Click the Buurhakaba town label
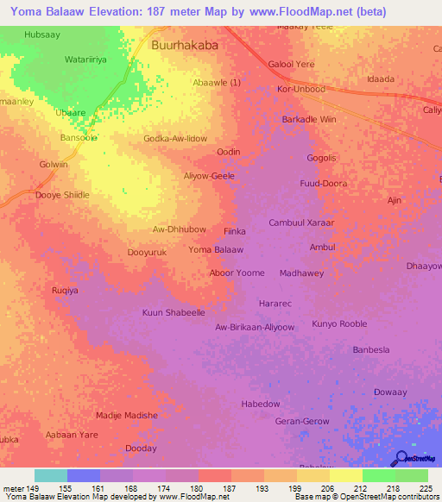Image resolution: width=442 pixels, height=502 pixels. [184, 45]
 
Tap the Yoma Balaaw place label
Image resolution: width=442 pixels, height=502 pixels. [216, 249]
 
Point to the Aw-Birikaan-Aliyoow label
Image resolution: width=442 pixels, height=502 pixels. [255, 328]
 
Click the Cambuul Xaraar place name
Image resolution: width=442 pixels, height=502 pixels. [301, 223]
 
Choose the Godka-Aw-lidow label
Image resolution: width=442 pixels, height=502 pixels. [175, 138]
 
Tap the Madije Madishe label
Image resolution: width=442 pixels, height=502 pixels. [126, 415]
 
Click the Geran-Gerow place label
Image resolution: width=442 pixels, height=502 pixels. [301, 421]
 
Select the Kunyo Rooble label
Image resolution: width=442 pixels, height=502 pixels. [339, 323]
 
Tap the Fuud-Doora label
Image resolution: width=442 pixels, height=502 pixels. [323, 184]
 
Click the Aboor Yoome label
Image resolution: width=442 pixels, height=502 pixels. [237, 273]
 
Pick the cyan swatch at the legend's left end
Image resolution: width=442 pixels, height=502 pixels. [50, 475]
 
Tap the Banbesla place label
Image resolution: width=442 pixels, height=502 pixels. [372, 349]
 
